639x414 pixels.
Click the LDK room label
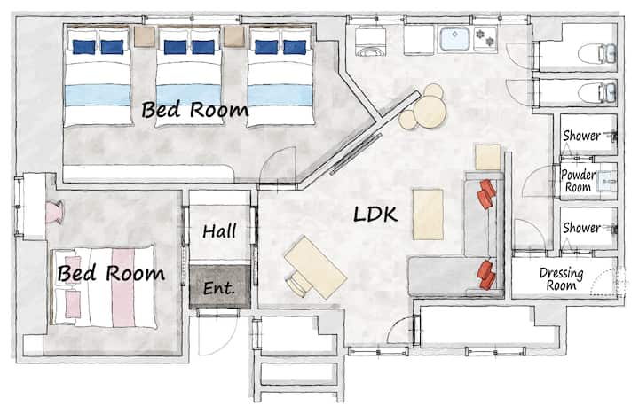pos(375,215)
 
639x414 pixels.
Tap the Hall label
pos(219,231)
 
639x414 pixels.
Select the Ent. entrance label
pos(219,288)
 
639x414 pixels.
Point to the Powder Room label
pos(578,181)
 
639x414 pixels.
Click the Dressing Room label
pos(561,279)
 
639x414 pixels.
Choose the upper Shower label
pos(581,135)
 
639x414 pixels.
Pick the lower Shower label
pos(581,228)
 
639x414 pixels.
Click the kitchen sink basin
pos(454,39)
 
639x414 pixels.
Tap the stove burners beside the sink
pos(485,37)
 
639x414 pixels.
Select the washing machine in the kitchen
pos(370,41)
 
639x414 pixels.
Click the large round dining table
pos(430,112)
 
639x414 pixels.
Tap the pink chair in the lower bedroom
pos(54,212)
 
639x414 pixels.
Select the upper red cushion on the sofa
pos(486,194)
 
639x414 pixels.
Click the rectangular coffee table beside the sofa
pos(428,215)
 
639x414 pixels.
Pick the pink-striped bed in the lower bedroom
pos(103,286)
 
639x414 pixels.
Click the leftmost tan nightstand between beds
pos(145,37)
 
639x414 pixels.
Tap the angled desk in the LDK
pos(315,267)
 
